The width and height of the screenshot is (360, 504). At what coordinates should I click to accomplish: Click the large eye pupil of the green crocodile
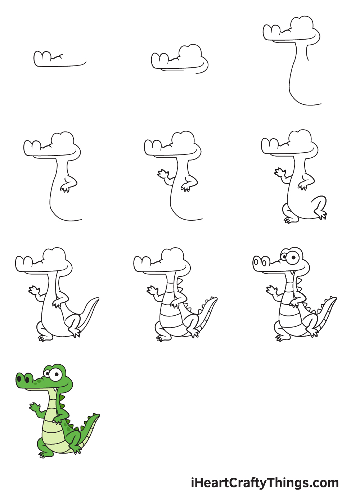[57, 375]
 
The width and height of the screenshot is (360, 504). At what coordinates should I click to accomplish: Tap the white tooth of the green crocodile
[55, 389]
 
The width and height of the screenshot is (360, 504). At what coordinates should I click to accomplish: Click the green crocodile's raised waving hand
[35, 406]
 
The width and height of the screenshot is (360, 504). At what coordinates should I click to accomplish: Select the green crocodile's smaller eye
[47, 374]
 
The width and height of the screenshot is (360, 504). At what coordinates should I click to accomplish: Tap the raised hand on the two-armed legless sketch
[163, 174]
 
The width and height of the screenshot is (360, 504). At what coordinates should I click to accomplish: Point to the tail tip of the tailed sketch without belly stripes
[97, 299]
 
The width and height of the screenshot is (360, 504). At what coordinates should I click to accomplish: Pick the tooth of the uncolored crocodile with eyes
[292, 273]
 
